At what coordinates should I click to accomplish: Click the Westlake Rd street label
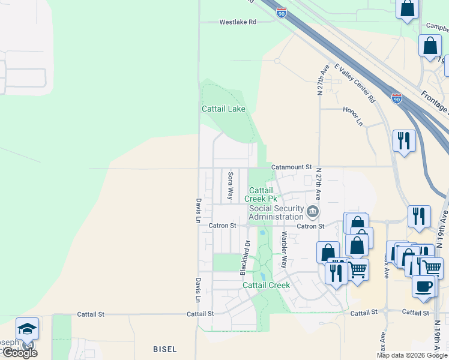click(x=238, y=22)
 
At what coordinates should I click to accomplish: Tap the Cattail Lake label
click(x=223, y=109)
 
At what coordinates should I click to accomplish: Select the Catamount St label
click(x=292, y=167)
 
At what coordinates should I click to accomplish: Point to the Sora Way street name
click(x=231, y=185)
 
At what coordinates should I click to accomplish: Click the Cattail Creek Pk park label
click(x=264, y=194)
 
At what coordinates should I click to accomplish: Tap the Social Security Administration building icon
click(x=313, y=212)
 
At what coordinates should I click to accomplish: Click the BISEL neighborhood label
click(x=164, y=349)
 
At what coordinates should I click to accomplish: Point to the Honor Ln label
click(x=353, y=118)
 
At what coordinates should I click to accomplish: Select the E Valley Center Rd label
click(x=355, y=83)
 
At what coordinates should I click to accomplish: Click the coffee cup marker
click(x=424, y=286)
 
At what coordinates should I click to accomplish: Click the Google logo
click(x=19, y=353)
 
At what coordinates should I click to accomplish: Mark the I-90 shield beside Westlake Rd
click(x=282, y=12)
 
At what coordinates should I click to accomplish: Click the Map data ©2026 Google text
click(x=412, y=355)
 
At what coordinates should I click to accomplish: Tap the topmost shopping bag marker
click(x=407, y=9)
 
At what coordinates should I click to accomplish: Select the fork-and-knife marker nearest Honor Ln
click(x=403, y=141)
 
